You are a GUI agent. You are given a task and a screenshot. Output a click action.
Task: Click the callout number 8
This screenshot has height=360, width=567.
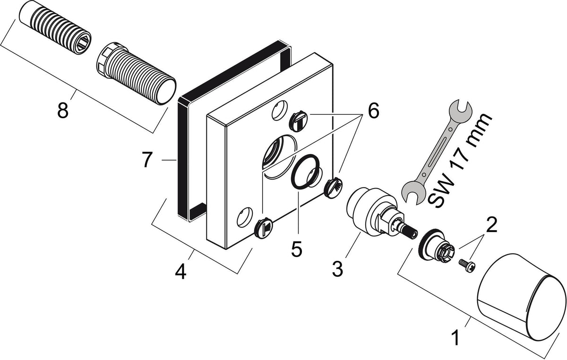(x=63, y=111)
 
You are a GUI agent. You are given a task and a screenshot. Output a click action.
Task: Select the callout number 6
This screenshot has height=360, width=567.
(x=373, y=111)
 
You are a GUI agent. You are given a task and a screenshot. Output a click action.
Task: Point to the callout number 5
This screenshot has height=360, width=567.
(x=297, y=249)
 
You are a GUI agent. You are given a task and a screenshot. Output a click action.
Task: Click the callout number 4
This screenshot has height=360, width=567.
(x=180, y=272)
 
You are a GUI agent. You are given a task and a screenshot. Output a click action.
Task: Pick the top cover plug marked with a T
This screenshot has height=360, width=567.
(x=299, y=121)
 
